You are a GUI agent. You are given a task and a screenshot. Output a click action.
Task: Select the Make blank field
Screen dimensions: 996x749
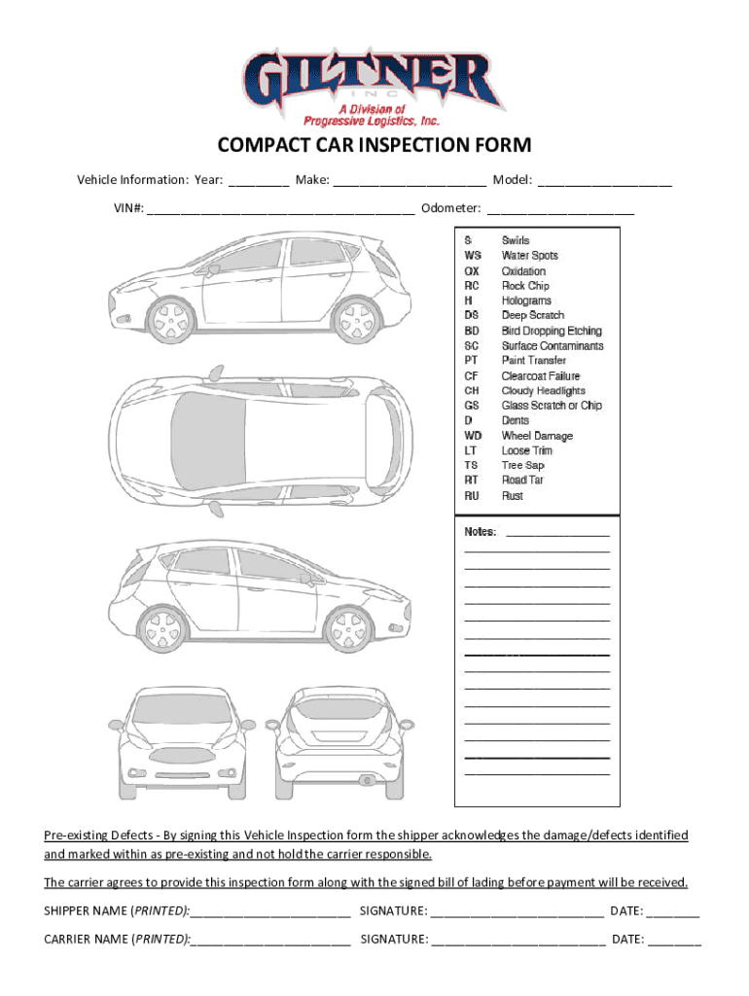click(x=410, y=181)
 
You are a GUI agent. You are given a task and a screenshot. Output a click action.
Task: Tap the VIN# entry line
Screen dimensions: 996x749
click(x=282, y=209)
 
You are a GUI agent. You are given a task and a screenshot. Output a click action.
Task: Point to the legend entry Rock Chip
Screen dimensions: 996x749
click(x=525, y=286)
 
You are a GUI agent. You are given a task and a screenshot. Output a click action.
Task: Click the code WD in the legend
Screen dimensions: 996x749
click(x=473, y=436)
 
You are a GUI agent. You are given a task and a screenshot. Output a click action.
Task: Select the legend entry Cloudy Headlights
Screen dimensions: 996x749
click(x=543, y=391)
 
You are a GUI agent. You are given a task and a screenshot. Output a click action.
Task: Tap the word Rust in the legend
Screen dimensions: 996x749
click(x=513, y=496)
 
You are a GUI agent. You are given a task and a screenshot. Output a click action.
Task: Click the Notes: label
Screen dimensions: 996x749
click(x=481, y=532)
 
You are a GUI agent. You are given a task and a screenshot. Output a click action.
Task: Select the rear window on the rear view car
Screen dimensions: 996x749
click(x=336, y=709)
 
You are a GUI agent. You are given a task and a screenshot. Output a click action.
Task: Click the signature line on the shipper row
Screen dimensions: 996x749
click(x=517, y=912)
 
